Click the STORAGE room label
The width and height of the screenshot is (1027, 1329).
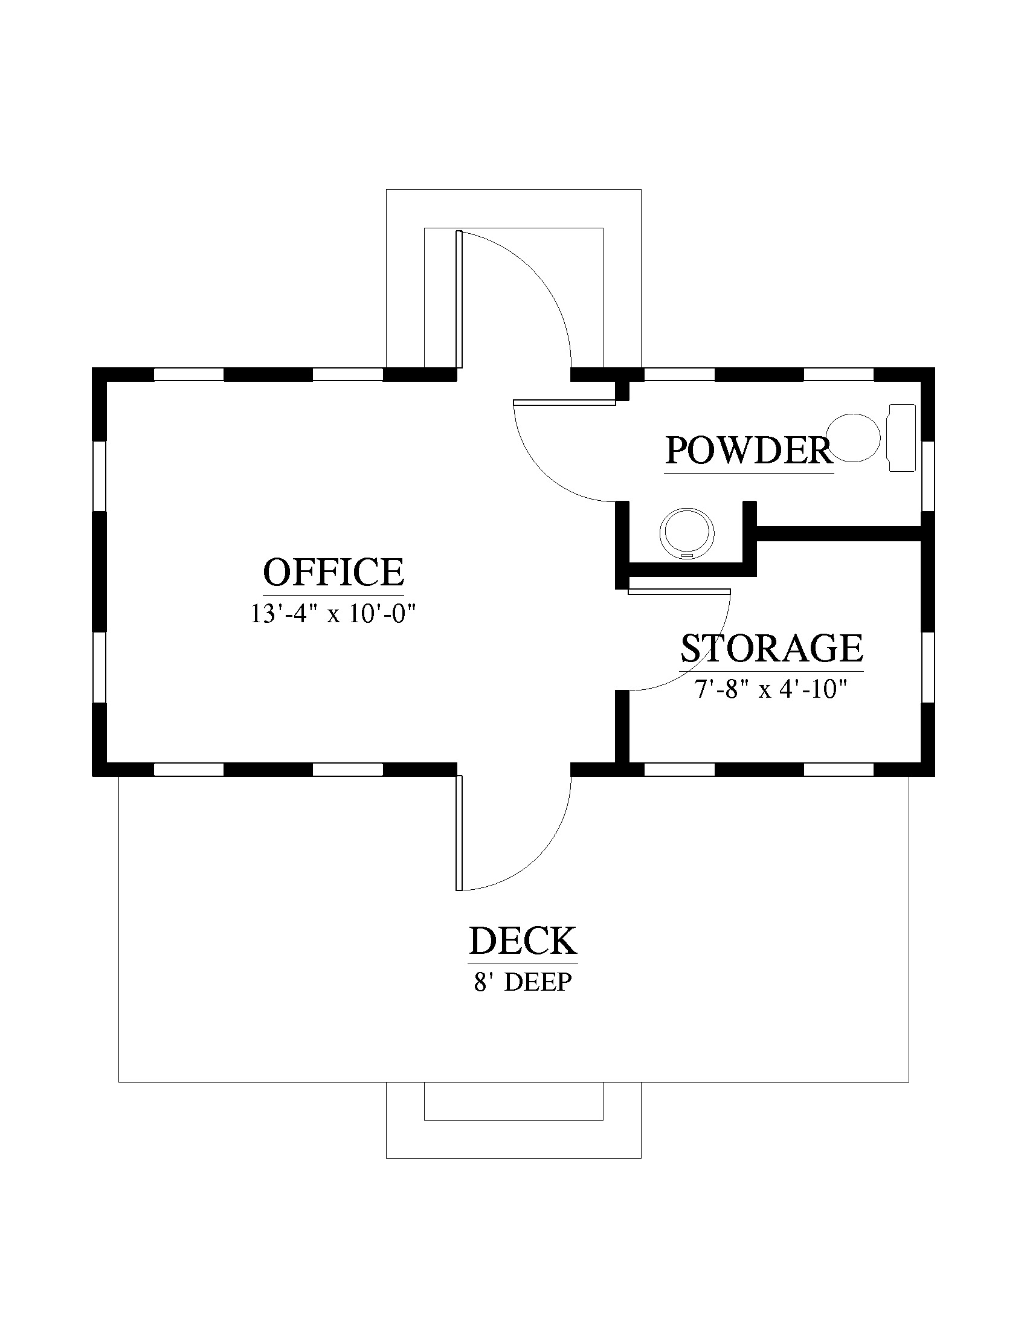771,648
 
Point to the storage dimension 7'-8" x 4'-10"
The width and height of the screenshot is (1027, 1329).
771,689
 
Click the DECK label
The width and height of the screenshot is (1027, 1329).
523,941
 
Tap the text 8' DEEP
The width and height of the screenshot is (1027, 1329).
523,983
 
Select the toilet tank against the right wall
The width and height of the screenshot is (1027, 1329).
903,437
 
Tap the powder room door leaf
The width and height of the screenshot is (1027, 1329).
564,402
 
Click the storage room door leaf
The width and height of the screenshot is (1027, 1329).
679,591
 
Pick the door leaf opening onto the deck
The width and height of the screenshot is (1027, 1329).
459,832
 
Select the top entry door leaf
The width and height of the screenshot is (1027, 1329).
459,300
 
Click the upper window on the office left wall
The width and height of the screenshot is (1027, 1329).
99,477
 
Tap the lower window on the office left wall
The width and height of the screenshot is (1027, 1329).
99,668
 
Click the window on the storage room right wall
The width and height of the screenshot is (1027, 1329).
928,668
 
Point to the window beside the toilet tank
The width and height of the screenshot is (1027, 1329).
928,477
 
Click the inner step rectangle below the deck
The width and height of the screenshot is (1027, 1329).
513,1101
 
